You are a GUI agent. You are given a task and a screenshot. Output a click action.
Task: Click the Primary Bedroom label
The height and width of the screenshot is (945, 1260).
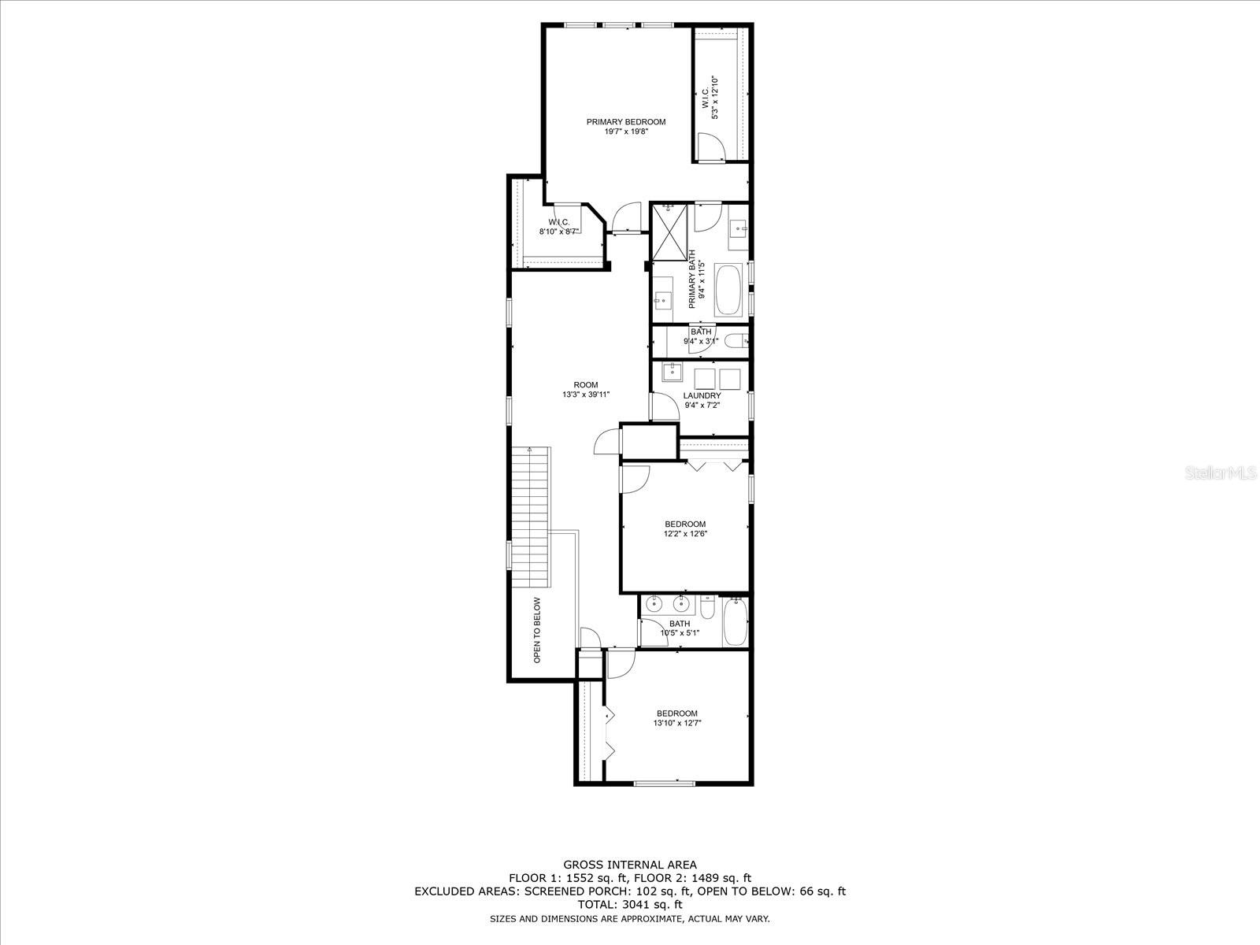tap(626, 122)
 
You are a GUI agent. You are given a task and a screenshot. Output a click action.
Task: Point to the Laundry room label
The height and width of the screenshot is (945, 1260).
tap(702, 396)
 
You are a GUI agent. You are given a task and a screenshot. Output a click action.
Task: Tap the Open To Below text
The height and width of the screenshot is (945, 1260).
tap(537, 629)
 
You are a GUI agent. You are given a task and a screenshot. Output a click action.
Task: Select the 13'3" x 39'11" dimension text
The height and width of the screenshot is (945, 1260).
tap(586, 395)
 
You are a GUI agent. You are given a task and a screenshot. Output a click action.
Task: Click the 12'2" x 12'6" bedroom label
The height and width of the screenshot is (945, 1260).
tap(685, 524)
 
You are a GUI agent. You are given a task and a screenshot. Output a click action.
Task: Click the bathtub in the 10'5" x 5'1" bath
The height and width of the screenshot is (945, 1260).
tap(734, 622)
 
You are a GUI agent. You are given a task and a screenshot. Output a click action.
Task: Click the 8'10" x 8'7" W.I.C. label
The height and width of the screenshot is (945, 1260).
tap(559, 227)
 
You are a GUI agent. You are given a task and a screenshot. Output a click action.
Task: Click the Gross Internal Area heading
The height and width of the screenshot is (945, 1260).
tap(629, 864)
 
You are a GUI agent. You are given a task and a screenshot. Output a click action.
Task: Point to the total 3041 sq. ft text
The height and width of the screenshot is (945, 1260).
tap(629, 905)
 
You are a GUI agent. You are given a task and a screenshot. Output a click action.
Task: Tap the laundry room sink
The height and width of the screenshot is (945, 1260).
tap(673, 372)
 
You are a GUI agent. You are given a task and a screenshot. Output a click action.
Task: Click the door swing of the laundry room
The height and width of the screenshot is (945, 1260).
tap(663, 406)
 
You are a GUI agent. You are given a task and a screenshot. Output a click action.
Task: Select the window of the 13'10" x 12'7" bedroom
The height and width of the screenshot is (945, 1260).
tap(664, 782)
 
